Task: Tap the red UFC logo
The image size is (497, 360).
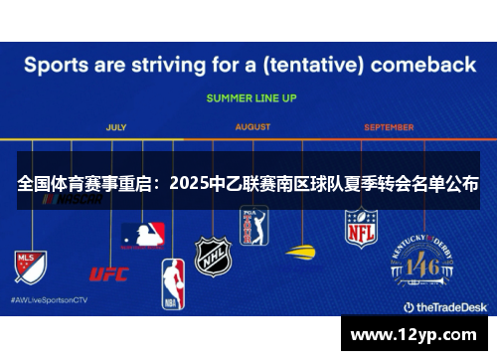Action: click(x=109, y=273)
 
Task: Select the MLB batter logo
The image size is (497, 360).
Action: click(x=145, y=236)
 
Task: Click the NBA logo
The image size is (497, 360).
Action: click(x=173, y=281)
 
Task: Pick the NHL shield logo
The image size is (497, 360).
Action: click(x=212, y=256)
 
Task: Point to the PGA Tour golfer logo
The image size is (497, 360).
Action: click(x=254, y=225)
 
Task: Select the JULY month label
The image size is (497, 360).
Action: click(x=116, y=127)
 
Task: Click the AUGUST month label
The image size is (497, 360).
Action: click(x=252, y=127)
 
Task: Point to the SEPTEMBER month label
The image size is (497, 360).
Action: click(x=389, y=127)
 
